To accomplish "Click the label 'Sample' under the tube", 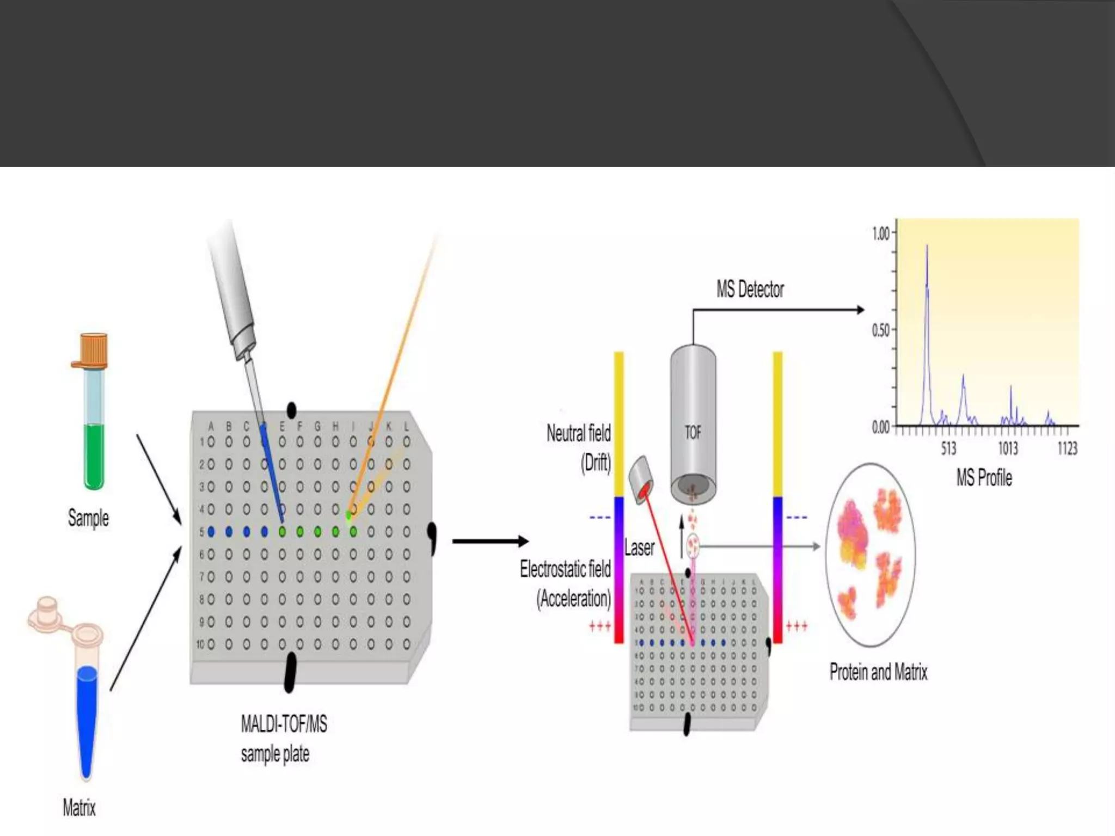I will [x=88, y=518].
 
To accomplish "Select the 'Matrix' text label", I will [x=79, y=807].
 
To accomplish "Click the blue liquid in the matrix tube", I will [x=87, y=718].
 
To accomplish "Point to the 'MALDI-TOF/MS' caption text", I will [x=284, y=724].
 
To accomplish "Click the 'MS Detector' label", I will [x=750, y=290].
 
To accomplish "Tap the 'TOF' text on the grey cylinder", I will [x=693, y=433].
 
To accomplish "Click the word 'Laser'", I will [x=639, y=548].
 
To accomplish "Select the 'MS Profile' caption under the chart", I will [x=984, y=478].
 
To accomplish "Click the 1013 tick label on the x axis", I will [x=1007, y=448].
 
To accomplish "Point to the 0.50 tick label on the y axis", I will [x=880, y=330].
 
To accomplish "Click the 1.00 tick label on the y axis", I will [x=880, y=234].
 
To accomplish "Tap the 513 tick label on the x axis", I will [x=948, y=448].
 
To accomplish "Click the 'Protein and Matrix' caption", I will [x=878, y=672].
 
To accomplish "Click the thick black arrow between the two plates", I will [x=490, y=541].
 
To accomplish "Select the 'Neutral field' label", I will [x=578, y=434].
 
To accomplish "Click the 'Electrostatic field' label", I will [x=565, y=569].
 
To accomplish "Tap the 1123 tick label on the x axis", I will [x=1067, y=448].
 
